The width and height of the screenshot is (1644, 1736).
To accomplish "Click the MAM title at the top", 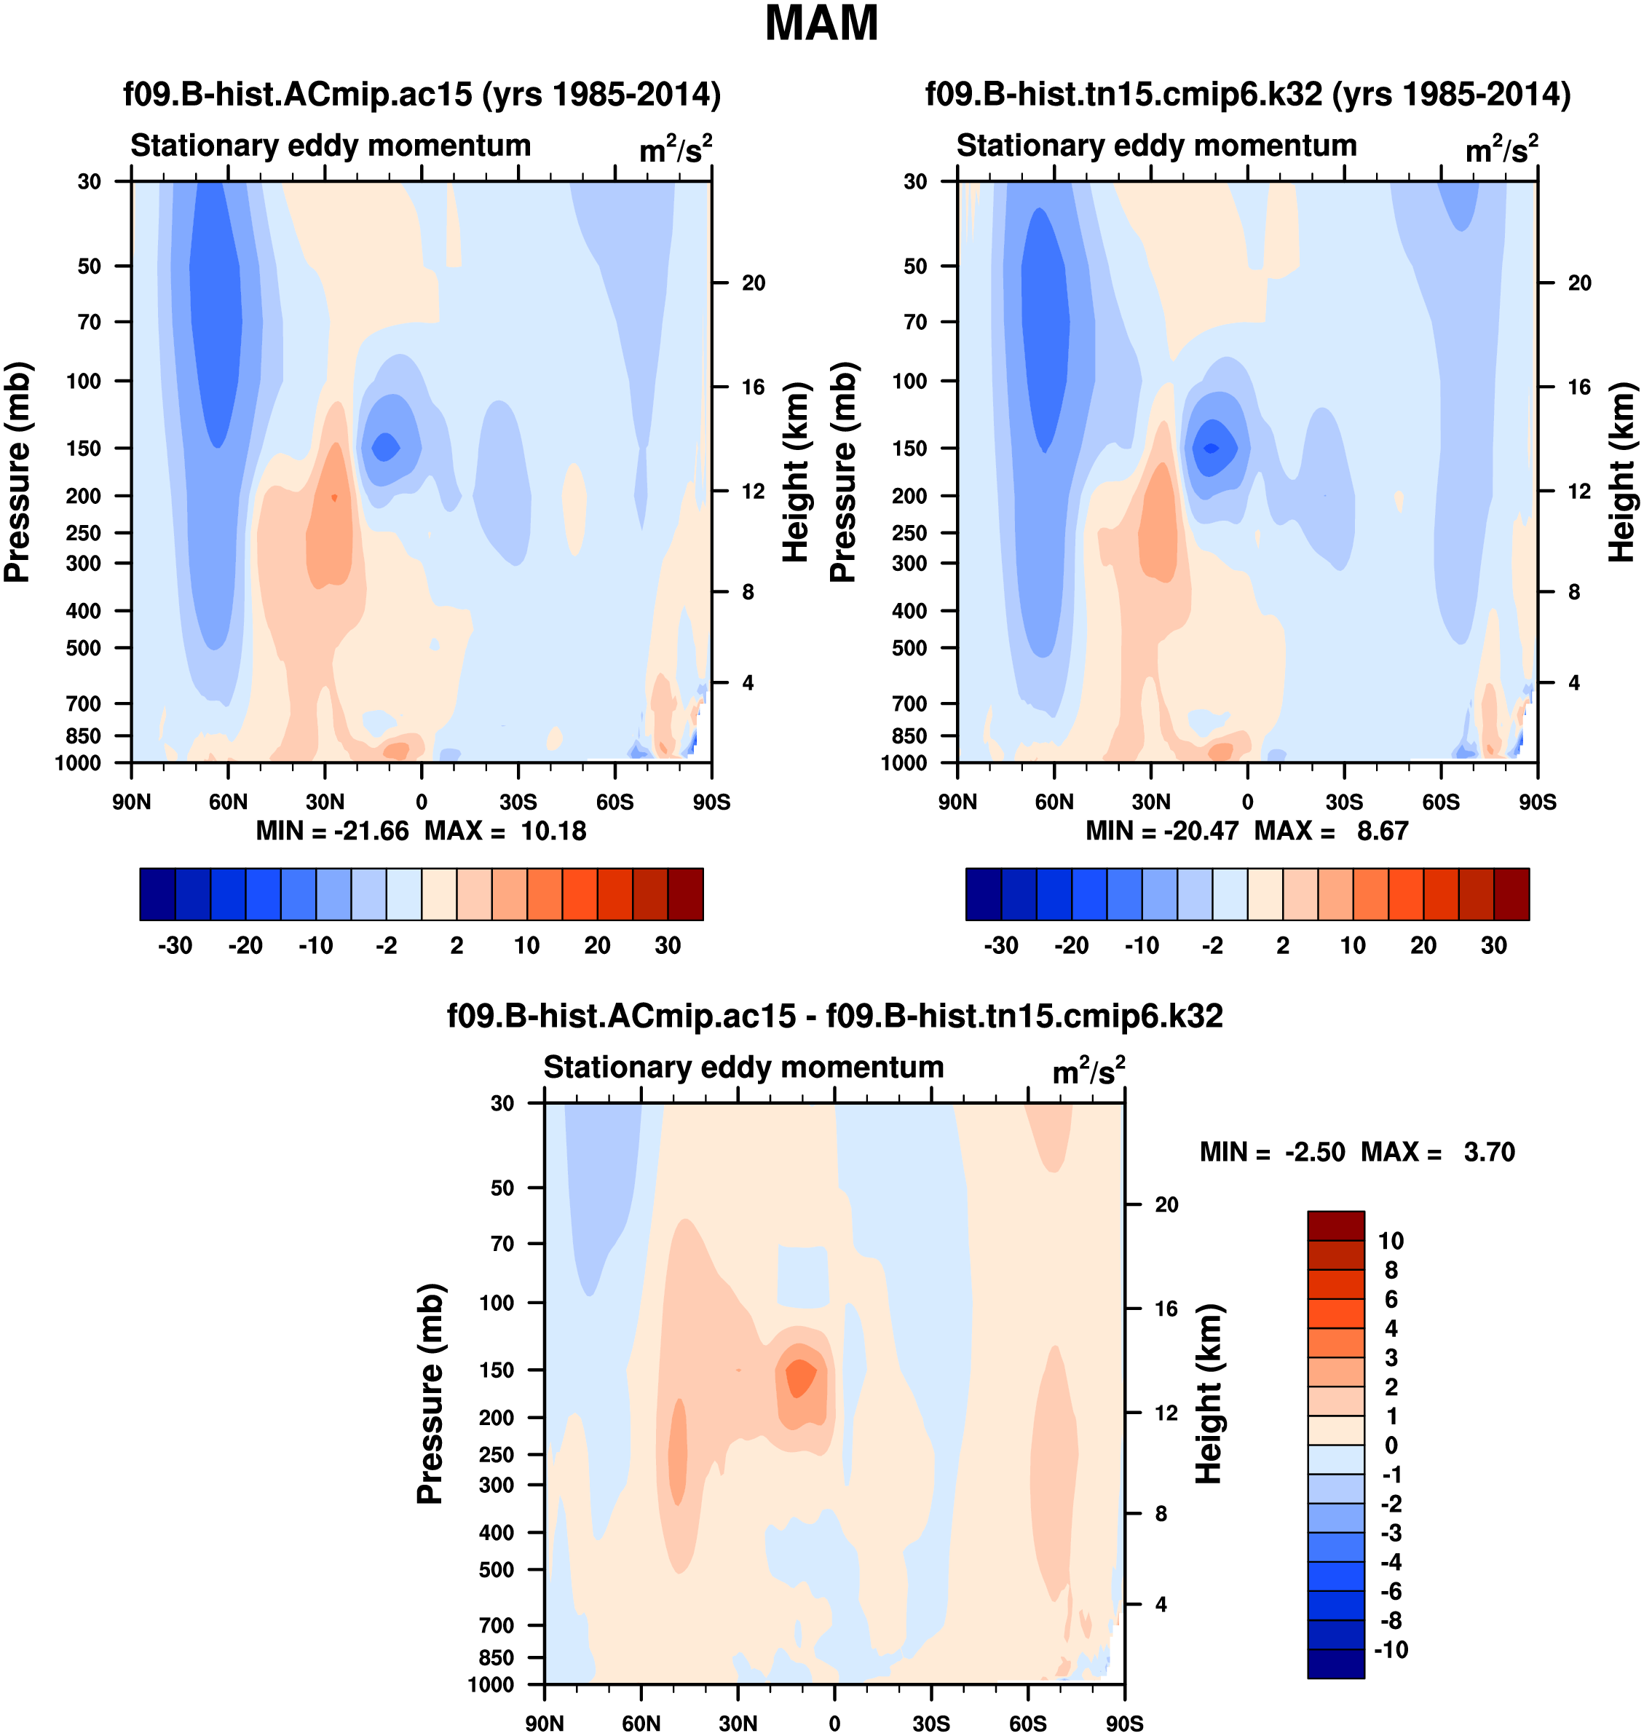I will pyautogui.click(x=821, y=23).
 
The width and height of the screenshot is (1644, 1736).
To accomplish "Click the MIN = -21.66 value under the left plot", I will pyautogui.click(x=332, y=831).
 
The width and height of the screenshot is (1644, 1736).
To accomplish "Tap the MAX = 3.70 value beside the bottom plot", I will pyautogui.click(x=1437, y=1151).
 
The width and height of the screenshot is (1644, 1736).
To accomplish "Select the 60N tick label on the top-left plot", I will pyautogui.click(x=228, y=802).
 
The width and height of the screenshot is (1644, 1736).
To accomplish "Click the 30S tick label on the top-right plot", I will pyautogui.click(x=1343, y=802).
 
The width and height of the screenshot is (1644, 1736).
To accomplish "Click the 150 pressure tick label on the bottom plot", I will pyautogui.click(x=496, y=1370).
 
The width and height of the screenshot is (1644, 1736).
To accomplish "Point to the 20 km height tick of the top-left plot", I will pyautogui.click(x=753, y=283).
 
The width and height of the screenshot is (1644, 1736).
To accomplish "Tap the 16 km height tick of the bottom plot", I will pyautogui.click(x=1166, y=1309).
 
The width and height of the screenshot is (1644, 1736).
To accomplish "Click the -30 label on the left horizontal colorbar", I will pyautogui.click(x=175, y=946).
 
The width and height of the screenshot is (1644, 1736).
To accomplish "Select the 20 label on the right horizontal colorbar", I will pyautogui.click(x=1423, y=946).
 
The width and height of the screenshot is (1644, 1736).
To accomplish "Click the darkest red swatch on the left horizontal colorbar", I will pyautogui.click(x=685, y=894).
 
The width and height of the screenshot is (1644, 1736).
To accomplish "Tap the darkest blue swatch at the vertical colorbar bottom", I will pyautogui.click(x=1335, y=1663).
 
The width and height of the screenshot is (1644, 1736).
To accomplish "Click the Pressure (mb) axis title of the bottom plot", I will pyautogui.click(x=430, y=1393).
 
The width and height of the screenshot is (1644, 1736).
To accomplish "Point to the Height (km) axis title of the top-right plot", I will pyautogui.click(x=1622, y=471).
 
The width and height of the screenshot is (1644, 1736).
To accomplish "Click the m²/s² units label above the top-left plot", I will pyautogui.click(x=675, y=149).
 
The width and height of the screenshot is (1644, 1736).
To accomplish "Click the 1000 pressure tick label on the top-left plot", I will pyautogui.click(x=78, y=762).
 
